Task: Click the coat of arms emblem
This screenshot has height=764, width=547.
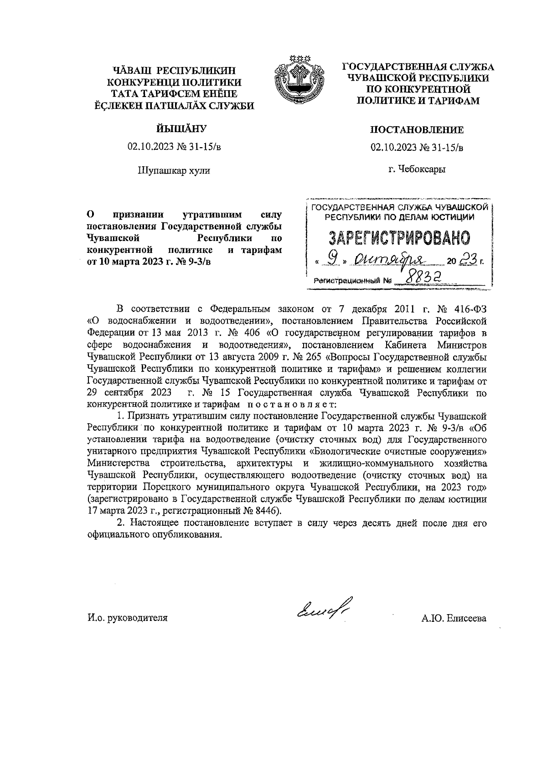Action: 292,80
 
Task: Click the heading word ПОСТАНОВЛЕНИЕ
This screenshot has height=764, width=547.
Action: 417,130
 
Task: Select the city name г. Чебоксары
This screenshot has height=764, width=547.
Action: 417,169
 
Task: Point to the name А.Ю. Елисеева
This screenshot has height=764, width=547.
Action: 454,618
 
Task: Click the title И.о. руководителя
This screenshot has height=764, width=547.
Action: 128,618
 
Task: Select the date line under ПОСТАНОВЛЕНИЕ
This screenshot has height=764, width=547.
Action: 417,147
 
